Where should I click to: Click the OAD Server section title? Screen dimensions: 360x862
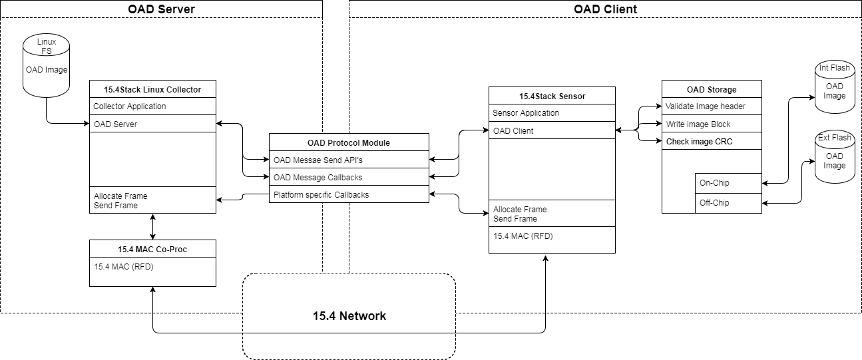click(x=160, y=9)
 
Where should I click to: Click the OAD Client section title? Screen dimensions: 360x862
click(x=605, y=9)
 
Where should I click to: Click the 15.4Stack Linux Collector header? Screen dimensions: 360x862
click(x=152, y=89)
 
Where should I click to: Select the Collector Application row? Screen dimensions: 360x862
click(x=152, y=106)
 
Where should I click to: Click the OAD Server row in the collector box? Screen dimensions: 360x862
click(x=152, y=124)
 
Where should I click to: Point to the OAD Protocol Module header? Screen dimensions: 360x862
click(x=349, y=142)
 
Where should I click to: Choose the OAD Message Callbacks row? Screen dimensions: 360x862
click(x=349, y=177)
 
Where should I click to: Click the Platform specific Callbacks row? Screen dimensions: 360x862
click(x=349, y=194)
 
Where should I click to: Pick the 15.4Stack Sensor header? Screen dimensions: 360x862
click(x=552, y=96)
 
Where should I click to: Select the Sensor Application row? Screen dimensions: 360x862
click(x=552, y=113)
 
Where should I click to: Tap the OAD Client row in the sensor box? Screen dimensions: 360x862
click(x=552, y=130)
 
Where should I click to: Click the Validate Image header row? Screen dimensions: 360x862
click(x=711, y=106)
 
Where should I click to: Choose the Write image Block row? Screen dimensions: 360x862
click(x=711, y=124)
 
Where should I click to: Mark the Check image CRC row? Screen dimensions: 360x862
click(x=711, y=141)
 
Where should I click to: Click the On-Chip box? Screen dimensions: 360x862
click(x=728, y=182)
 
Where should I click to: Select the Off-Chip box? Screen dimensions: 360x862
click(x=728, y=202)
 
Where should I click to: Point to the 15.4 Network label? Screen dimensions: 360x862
click(x=349, y=315)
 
